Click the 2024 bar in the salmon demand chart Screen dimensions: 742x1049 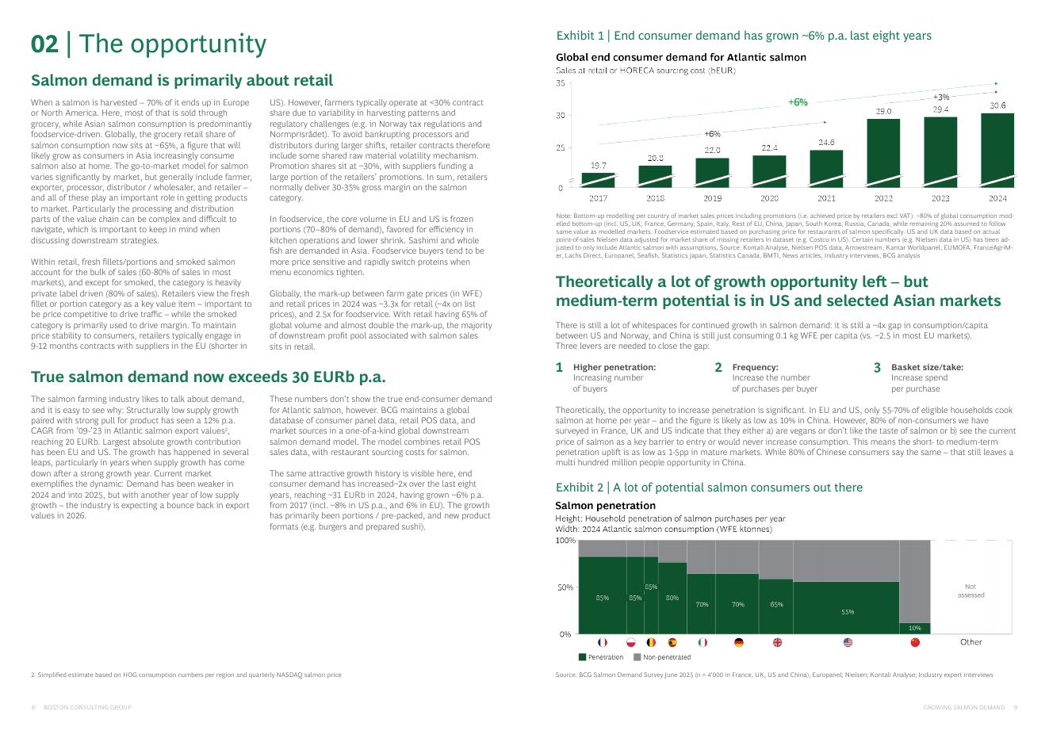(997, 150)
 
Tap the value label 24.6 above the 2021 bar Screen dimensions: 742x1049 (826, 143)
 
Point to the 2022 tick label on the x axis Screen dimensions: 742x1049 (883, 197)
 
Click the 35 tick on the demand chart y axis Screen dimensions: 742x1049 (561, 83)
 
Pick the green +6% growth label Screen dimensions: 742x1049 (798, 102)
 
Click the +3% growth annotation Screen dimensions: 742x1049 (940, 97)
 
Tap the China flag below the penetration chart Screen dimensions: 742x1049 (915, 642)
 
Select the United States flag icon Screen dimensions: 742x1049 (847, 642)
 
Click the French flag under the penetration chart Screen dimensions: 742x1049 (602, 642)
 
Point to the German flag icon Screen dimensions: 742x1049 (738, 642)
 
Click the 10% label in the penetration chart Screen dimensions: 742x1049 (914, 628)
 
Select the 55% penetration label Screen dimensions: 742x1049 (847, 612)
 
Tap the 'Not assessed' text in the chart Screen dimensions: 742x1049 (971, 591)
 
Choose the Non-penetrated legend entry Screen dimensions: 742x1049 (661, 657)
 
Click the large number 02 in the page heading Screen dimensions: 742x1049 (44, 44)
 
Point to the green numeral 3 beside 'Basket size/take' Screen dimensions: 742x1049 (877, 368)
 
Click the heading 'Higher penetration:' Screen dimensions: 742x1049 (614, 368)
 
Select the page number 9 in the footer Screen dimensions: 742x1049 (1016, 707)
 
